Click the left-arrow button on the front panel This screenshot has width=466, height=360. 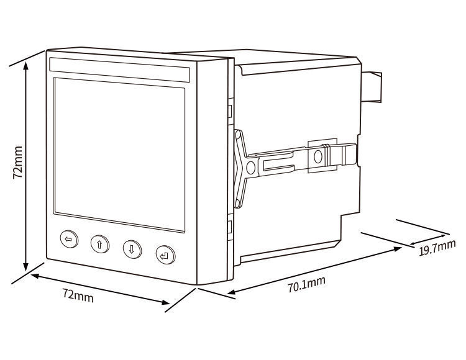pyautogui.click(x=69, y=240)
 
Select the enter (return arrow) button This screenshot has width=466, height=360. pyautogui.click(x=165, y=254)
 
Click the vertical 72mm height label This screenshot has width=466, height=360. pyautogui.click(x=18, y=163)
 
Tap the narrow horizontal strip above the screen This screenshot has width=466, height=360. pyautogui.click(x=119, y=69)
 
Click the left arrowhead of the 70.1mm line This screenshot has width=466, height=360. pyautogui.click(x=229, y=293)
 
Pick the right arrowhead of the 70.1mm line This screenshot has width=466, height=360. pyautogui.click(x=399, y=248)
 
